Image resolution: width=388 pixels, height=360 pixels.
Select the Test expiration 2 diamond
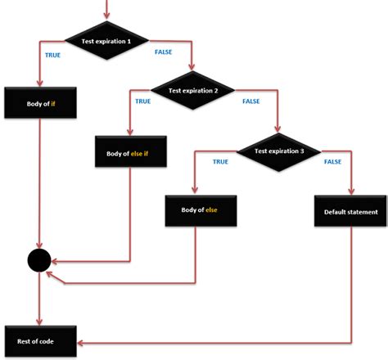192,92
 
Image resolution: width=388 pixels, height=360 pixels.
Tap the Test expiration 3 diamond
279,151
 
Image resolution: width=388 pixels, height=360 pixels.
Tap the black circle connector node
38,262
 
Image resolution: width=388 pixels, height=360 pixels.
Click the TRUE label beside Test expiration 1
52,55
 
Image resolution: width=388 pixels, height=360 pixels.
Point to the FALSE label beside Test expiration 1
164,53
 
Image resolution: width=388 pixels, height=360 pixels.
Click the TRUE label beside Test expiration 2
142,102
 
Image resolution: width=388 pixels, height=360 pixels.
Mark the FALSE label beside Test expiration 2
251,102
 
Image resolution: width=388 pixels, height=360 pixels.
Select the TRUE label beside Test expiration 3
220,162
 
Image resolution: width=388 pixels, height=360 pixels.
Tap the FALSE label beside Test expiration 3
333,162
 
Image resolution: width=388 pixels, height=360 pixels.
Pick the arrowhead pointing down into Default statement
351,191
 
